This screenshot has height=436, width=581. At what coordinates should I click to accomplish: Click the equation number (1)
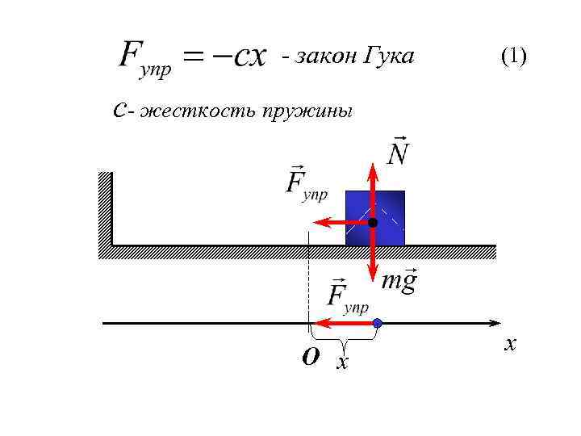pos(513,57)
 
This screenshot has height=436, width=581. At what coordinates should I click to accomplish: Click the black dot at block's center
pos(373,222)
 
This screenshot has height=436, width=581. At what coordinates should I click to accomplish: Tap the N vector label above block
pos(397,151)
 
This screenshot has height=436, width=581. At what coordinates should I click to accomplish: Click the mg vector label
pos(399,282)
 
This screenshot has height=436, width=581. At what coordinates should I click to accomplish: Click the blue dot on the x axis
pos(377,324)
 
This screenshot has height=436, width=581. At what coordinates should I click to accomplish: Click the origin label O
pos(310,355)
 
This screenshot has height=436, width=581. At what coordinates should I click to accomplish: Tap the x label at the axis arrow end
pos(509,345)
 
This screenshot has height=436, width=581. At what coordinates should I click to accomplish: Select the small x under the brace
pos(343,363)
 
